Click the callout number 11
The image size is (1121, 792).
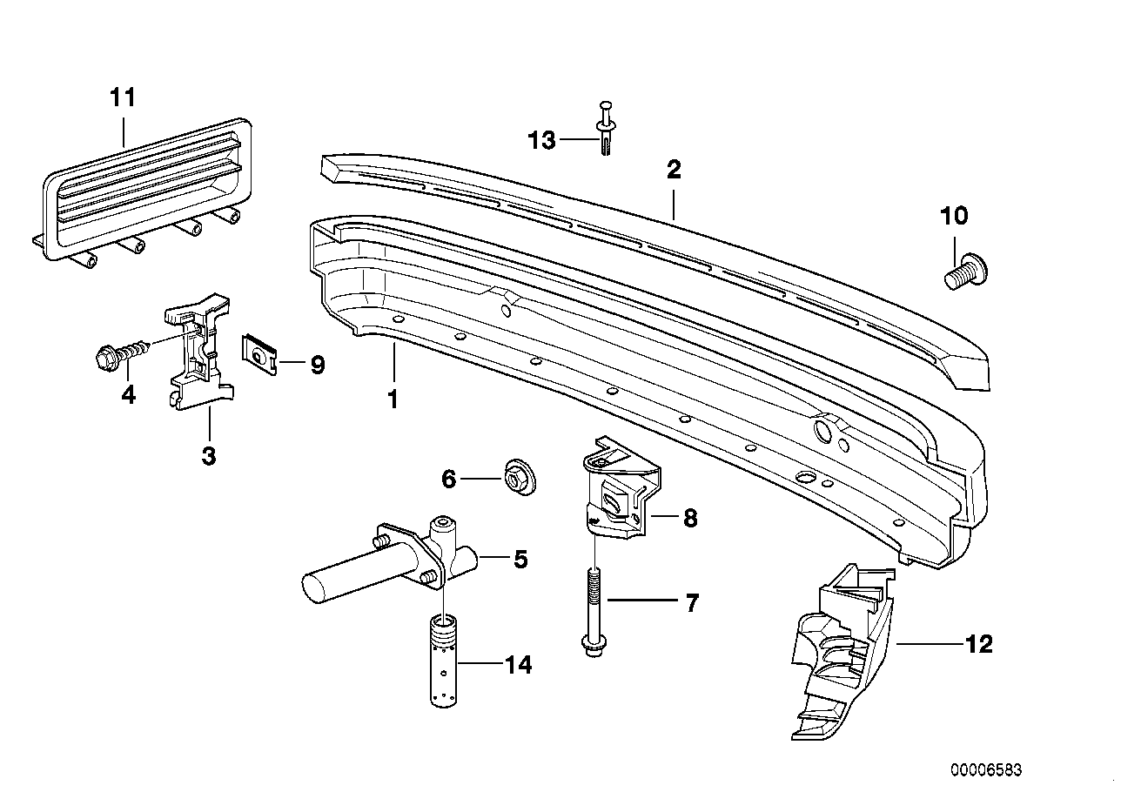[123, 97]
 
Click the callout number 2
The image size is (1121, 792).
[673, 170]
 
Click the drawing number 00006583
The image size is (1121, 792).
[986, 770]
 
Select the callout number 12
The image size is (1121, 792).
[978, 644]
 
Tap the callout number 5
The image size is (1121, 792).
[520, 559]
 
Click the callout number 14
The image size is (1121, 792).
[518, 666]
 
